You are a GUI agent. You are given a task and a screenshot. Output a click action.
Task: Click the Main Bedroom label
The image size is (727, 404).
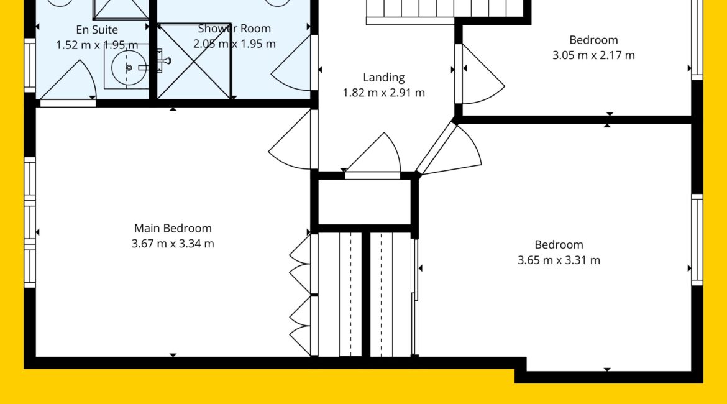(173, 228)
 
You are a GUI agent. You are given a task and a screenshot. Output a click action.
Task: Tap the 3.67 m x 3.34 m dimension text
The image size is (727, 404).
(173, 244)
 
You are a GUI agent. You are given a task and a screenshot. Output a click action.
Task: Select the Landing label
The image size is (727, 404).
(384, 78)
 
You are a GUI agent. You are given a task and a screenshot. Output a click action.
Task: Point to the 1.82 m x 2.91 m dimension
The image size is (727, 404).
(384, 93)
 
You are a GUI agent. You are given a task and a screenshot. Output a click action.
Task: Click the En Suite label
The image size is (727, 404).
(97, 30)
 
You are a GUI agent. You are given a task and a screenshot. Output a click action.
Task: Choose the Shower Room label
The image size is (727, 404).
(235, 29)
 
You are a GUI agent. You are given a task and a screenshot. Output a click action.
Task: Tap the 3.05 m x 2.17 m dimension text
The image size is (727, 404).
(593, 55)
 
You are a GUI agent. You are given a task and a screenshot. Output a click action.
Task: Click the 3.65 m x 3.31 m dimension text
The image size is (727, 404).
(559, 260)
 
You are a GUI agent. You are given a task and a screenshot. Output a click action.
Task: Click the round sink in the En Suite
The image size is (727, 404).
(128, 68)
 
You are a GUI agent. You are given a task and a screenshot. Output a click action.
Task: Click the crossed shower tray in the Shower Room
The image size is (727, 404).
(194, 62)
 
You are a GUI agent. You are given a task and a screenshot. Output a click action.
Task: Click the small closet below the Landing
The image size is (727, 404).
(364, 202)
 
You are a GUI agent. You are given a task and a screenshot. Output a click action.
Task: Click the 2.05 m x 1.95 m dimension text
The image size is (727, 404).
(235, 44)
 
